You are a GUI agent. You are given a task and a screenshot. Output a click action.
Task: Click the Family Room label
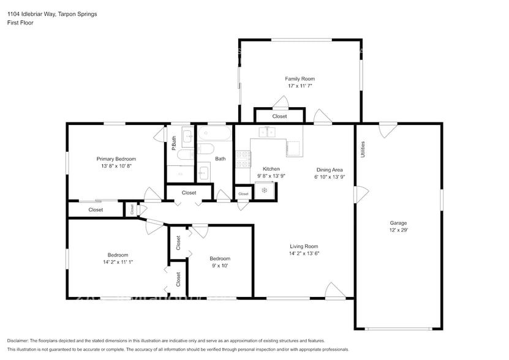click(300, 79)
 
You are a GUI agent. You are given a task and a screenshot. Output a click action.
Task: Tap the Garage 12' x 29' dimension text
click(398, 231)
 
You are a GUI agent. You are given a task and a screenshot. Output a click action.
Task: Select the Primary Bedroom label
click(116, 159)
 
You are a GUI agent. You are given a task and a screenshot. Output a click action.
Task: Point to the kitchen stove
click(243, 159)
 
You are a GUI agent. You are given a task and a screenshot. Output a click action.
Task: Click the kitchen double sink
click(267, 131)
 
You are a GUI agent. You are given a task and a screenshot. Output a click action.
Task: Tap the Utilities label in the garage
click(363, 150)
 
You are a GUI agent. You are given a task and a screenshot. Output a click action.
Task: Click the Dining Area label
click(330, 170)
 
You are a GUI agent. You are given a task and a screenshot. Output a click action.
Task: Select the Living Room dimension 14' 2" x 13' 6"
click(304, 253)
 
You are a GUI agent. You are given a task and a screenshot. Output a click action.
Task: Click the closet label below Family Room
click(279, 116)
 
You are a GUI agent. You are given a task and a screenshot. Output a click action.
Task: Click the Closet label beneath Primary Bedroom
click(96, 210)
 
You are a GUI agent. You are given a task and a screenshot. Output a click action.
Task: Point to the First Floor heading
click(21, 23)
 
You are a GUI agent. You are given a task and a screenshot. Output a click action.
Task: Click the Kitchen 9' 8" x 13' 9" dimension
click(271, 176)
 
